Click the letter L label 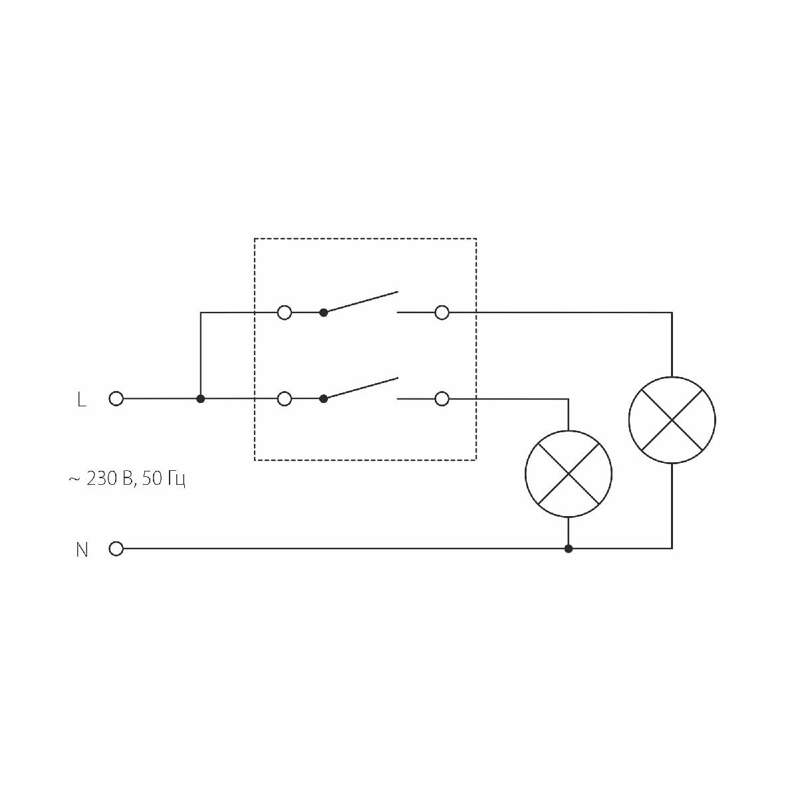[x=82, y=400]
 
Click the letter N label [x=82, y=550]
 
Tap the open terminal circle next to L [x=116, y=399]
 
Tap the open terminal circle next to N [x=116, y=549]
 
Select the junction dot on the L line [x=201, y=399]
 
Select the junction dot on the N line [x=568, y=549]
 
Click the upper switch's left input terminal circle [x=284, y=312]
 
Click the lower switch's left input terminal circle [x=284, y=399]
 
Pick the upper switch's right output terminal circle [x=442, y=312]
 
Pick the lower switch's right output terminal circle [x=442, y=399]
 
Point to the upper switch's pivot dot [x=324, y=312]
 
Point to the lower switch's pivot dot [x=324, y=399]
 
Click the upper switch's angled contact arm [x=361, y=301]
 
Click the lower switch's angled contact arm [x=361, y=388]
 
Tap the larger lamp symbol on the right [x=672, y=420]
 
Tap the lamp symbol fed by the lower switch [x=568, y=474]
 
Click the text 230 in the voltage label [x=101, y=479]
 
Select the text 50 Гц [x=164, y=479]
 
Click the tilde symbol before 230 [x=74, y=479]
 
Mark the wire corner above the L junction [x=201, y=312]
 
